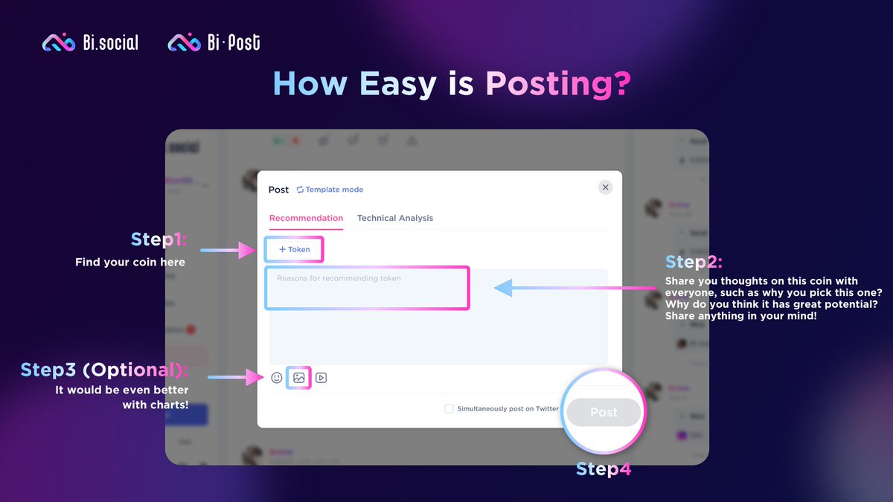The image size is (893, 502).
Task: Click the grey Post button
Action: (604, 412)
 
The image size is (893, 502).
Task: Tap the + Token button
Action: (294, 250)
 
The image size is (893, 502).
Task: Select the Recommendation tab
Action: (306, 218)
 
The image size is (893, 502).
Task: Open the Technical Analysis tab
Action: (395, 218)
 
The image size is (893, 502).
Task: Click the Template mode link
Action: (330, 190)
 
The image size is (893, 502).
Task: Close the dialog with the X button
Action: (606, 187)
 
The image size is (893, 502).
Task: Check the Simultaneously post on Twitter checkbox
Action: (449, 408)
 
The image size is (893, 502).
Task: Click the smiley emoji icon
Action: (277, 378)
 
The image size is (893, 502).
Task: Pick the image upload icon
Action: (299, 378)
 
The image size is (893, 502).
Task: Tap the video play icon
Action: (321, 378)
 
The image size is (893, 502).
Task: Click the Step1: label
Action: (159, 239)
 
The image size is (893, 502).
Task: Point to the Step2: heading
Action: (694, 262)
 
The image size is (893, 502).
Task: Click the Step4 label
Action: (604, 469)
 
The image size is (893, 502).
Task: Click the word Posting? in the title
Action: (558, 84)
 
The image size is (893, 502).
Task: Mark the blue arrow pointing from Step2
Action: (566, 287)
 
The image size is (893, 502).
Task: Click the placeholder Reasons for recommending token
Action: (339, 278)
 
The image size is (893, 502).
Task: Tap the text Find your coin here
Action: (130, 262)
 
